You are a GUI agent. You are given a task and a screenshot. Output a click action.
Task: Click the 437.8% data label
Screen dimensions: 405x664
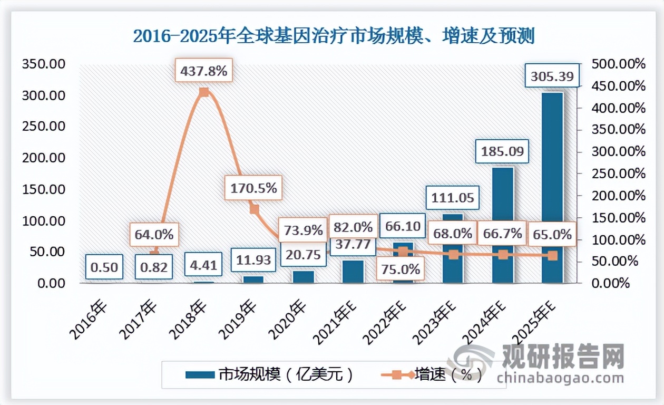coord(203,71)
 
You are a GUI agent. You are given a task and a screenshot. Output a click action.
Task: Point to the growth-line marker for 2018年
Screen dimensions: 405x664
coord(204,92)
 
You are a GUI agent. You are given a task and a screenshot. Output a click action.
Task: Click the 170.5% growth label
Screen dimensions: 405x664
coord(253,187)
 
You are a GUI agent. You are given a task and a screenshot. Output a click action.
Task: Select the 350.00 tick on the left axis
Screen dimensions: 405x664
coord(43,64)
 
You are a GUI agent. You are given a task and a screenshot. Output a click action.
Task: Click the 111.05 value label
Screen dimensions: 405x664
coord(452,198)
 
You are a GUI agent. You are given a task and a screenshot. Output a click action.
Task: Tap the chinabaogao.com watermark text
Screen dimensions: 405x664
coord(560,378)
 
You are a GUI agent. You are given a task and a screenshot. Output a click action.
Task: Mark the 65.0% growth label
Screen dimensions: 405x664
coord(552,234)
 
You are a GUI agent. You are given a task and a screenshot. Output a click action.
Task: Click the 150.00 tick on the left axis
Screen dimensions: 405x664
coord(43,189)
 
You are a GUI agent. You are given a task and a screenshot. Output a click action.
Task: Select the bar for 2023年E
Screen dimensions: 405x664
coord(452,248)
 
